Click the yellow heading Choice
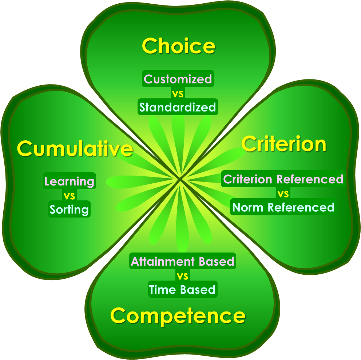point(179,46)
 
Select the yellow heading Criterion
point(283,144)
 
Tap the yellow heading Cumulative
point(75,148)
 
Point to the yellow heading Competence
point(178,316)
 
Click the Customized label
point(178,79)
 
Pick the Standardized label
point(178,107)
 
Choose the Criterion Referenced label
point(283,179)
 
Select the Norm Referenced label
point(283,207)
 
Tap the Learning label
point(69,181)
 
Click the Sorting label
point(69,209)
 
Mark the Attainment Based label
point(182,261)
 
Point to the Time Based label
point(182,289)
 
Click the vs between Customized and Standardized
point(178,94)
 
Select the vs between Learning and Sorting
point(69,196)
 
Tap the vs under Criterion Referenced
point(283,193)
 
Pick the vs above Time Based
point(183,275)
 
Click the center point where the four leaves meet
point(180,179)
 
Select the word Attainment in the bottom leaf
point(163,262)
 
